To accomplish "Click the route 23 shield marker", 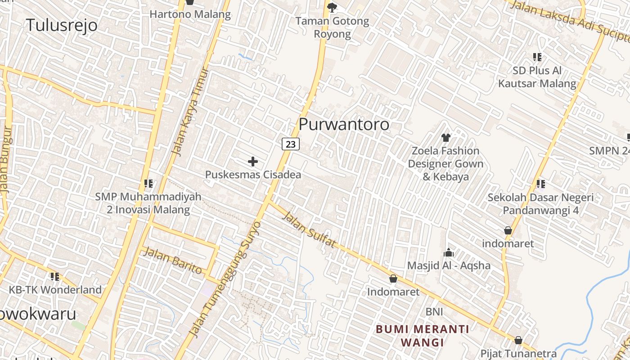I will (x=291, y=144).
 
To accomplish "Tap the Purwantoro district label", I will (x=344, y=124).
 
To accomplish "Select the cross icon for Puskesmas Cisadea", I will (x=253, y=161).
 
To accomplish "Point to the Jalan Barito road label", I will (x=172, y=261).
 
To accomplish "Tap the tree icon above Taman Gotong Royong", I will (x=332, y=7).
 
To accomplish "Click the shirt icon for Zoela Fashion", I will (x=445, y=137).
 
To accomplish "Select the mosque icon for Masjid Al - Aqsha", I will (x=448, y=252).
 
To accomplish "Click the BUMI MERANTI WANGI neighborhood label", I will (x=422, y=336).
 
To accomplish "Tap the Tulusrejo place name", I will (x=62, y=25).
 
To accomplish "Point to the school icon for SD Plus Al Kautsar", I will (x=537, y=57).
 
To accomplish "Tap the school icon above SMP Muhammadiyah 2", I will (x=148, y=184).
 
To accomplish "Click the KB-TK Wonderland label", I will (x=55, y=290).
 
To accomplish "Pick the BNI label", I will (x=434, y=311).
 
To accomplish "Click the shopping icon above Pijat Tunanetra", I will (x=518, y=340).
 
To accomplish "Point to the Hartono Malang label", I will (x=190, y=14).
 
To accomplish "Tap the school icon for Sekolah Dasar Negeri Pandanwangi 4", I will (x=541, y=184).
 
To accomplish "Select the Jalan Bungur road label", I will (x=7, y=160).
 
